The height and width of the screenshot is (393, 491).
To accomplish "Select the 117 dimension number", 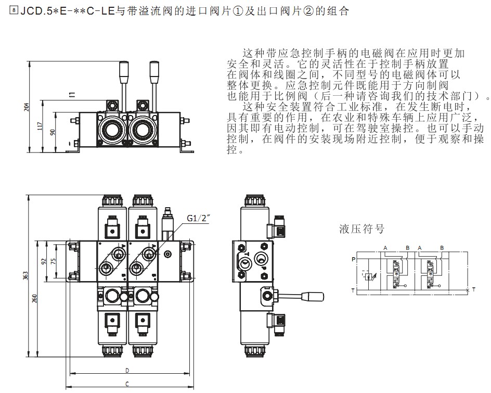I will click(40, 125).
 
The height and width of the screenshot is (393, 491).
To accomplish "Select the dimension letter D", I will click(127, 370).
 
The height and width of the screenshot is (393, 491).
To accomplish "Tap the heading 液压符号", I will click(361, 229).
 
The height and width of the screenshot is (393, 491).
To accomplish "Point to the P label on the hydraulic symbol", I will click(354, 259).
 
